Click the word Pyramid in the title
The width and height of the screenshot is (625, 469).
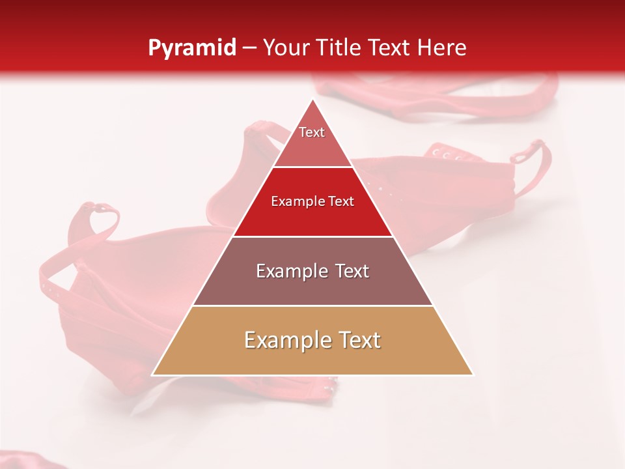(191, 48)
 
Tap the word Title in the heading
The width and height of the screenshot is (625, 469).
(340, 48)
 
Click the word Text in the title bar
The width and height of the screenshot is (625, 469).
(391, 48)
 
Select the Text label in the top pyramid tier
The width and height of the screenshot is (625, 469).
(312, 132)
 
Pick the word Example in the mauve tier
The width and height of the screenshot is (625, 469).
(289, 271)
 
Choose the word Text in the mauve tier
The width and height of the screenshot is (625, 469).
(349, 271)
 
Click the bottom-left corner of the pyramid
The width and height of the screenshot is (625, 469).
(152, 375)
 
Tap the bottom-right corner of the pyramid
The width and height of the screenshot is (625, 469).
(473, 375)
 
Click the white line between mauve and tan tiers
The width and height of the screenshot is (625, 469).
(312, 306)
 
